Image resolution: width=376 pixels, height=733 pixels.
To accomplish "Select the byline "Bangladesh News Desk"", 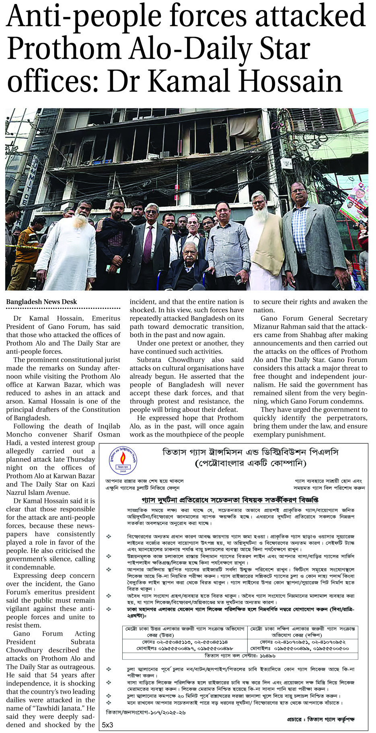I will coord(41,302).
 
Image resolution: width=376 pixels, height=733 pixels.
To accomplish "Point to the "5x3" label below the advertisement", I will coord(107,725).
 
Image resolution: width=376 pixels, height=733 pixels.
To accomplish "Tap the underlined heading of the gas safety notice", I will coord(230,500).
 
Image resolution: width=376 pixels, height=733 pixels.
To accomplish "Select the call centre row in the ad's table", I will coord(240,656).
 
